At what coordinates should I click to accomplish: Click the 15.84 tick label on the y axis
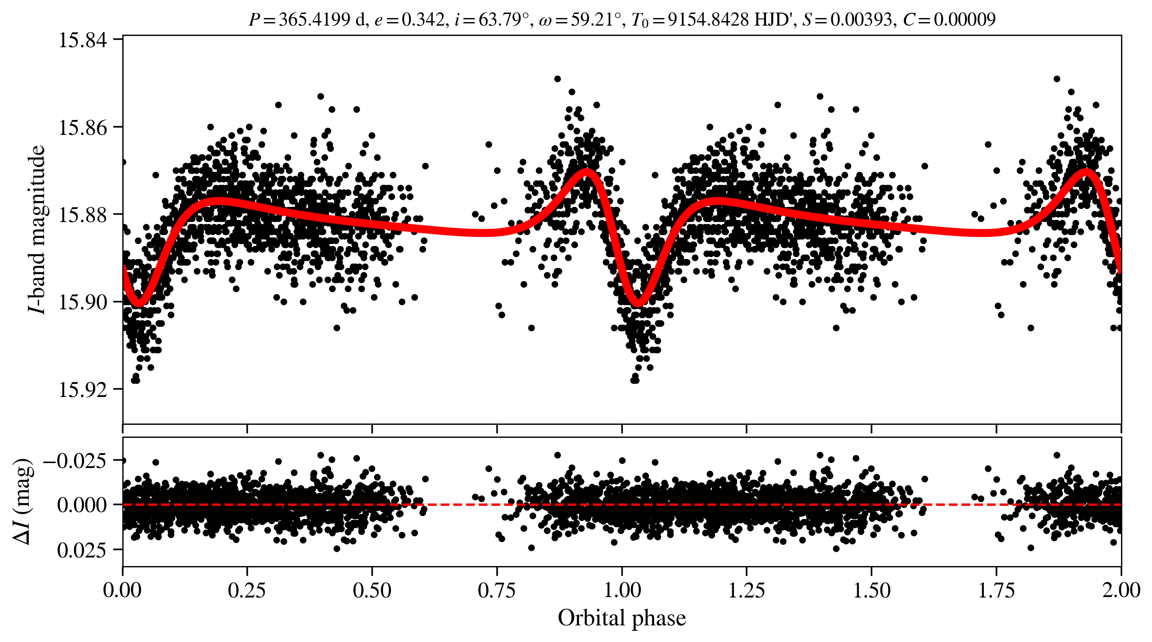pyautogui.click(x=83, y=40)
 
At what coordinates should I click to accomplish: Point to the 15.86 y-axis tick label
pyautogui.click(x=83, y=128)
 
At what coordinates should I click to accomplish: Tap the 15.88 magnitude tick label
pyautogui.click(x=83, y=215)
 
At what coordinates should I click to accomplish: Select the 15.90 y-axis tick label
pyautogui.click(x=83, y=302)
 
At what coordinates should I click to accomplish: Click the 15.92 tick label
pyautogui.click(x=83, y=389)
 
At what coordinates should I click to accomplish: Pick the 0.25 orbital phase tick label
pyautogui.click(x=247, y=590)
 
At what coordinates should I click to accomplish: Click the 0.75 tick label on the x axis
pyautogui.click(x=497, y=590)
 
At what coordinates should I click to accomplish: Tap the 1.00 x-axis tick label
pyautogui.click(x=622, y=590)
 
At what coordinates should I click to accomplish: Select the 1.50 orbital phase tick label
pyautogui.click(x=872, y=590)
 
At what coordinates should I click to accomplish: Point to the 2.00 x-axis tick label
pyautogui.click(x=1121, y=590)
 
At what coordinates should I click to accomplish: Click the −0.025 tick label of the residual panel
pyautogui.click(x=75, y=461)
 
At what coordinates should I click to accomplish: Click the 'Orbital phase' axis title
pyautogui.click(x=622, y=618)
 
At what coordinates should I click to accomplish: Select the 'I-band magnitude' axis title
pyautogui.click(x=37, y=229)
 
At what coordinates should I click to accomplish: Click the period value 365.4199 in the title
pyautogui.click(x=314, y=19)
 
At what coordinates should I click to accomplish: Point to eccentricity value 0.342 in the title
pyautogui.click(x=423, y=19)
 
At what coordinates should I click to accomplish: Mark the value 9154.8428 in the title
pyautogui.click(x=708, y=19)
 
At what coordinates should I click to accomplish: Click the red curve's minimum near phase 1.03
pyautogui.click(x=638, y=303)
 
